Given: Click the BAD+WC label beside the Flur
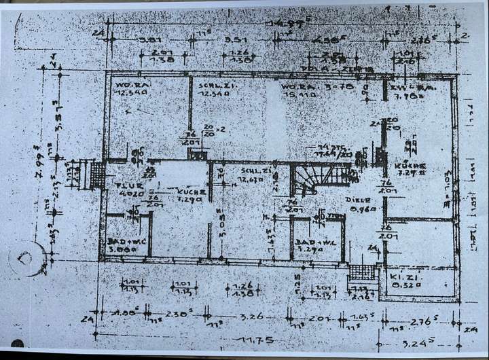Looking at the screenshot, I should point(124,241).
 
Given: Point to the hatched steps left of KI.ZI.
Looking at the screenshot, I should point(362,272).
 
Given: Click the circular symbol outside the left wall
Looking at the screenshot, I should point(28,257).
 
